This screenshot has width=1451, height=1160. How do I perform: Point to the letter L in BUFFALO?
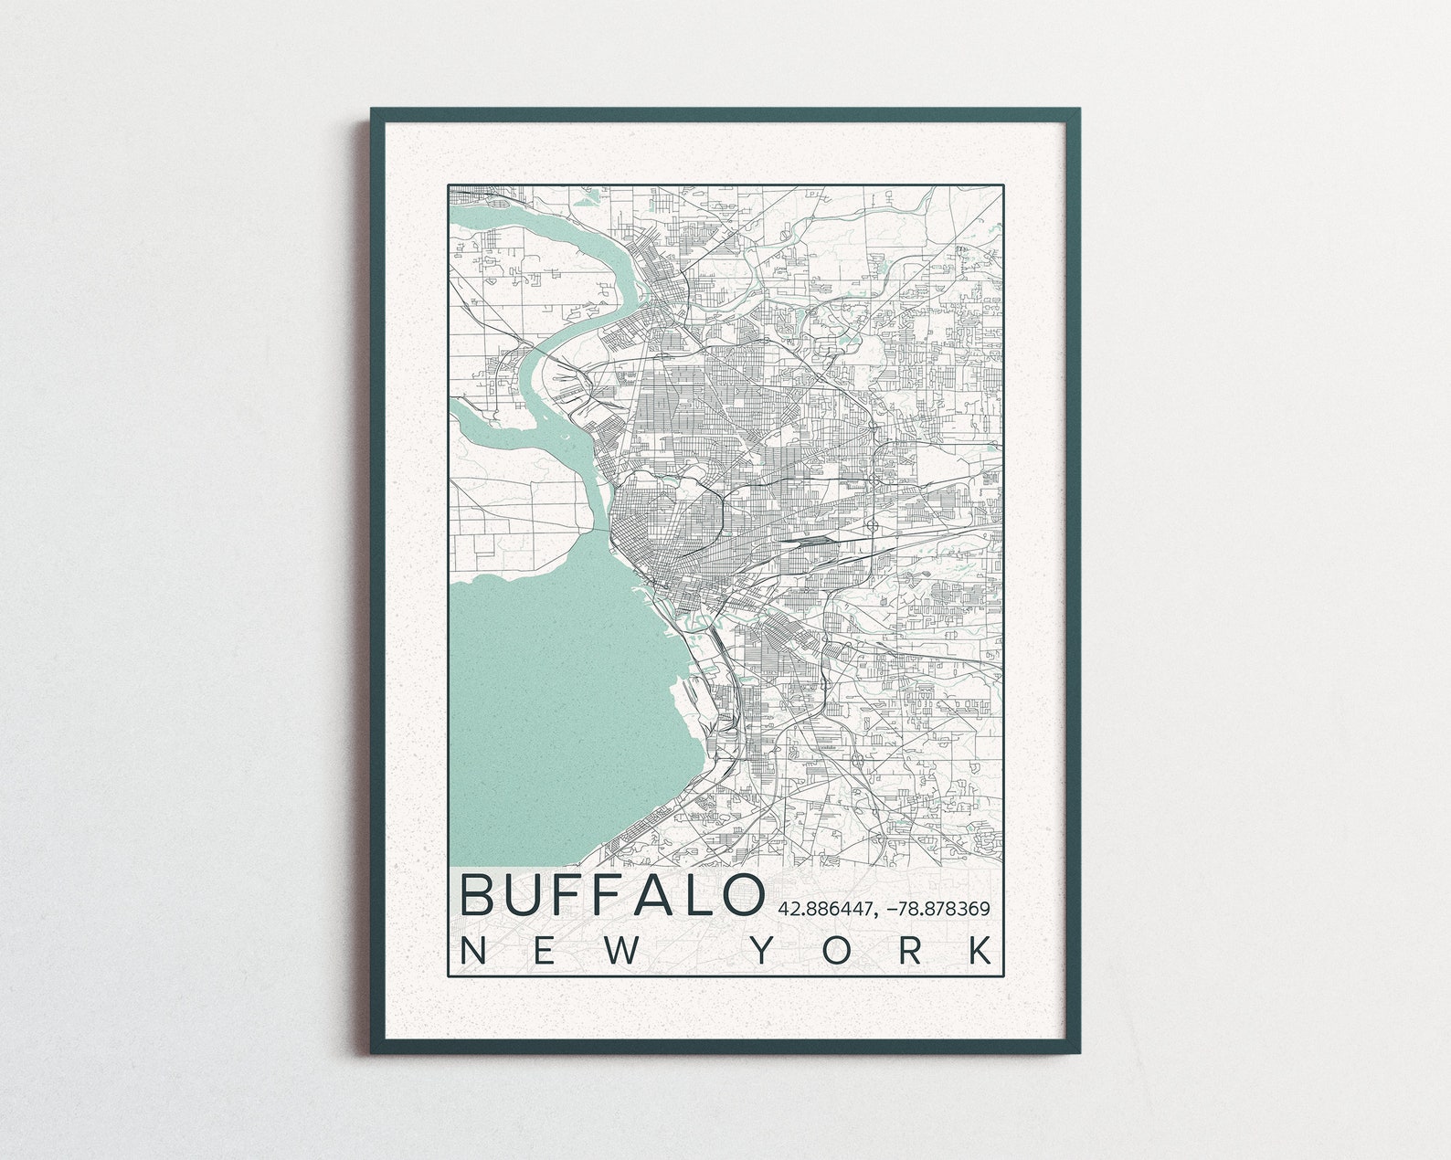(699, 895)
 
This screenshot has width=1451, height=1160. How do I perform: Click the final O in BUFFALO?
(741, 895)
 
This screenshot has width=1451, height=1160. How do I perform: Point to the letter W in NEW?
(620, 951)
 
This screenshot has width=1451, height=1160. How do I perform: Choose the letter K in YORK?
(980, 951)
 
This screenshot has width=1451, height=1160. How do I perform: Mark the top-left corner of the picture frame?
(373, 111)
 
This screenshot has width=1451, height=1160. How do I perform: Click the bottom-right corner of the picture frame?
(1078, 1052)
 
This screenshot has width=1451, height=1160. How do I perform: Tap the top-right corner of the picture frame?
(1078, 111)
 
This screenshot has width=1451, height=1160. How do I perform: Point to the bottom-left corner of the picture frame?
(373, 1052)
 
